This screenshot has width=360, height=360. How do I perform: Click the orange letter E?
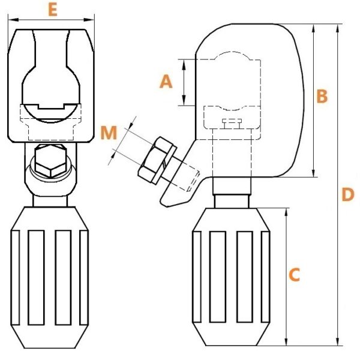pos(53,10)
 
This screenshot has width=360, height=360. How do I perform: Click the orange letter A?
pos(166,82)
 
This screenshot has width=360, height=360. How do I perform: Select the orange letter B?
pos(322,96)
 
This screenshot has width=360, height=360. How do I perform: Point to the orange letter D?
pos(348,194)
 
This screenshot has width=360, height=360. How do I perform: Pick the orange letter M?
pos(109,133)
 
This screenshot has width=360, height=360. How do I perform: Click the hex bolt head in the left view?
pos(51,161)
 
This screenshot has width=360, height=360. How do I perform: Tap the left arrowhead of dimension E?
pos(13,20)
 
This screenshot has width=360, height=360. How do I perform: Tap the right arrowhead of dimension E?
pos(89,20)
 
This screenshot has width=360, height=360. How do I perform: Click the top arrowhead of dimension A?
pos(184,65)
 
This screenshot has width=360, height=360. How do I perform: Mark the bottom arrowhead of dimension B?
pos(314,172)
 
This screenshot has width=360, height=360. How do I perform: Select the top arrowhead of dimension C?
pos(286,214)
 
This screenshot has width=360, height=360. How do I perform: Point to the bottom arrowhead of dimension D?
pos(338,340)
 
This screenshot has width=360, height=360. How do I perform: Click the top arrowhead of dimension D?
pos(338,29)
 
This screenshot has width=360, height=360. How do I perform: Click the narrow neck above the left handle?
pos(50,201)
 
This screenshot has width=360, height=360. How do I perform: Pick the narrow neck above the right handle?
pos(232,202)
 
